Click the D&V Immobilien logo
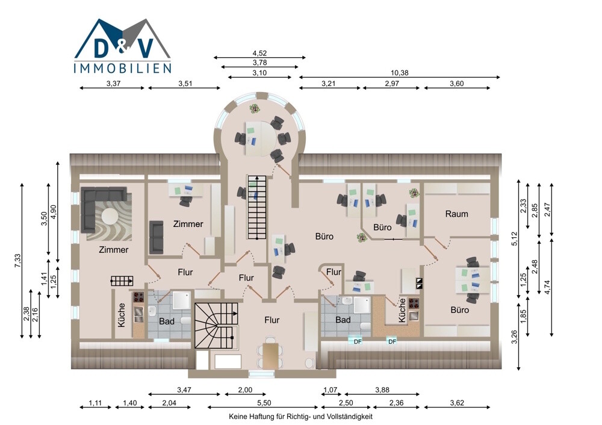point(122,46)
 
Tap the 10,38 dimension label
point(399,73)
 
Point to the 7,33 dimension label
point(17,261)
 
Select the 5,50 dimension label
point(264,403)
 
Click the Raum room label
point(456,214)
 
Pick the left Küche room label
point(122,315)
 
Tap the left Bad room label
point(167,321)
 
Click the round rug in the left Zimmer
point(110,216)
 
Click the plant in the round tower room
point(254,108)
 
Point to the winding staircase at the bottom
point(217,326)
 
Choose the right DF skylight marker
point(392,341)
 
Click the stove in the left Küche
point(138,297)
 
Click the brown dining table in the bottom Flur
point(270,356)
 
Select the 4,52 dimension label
point(259,53)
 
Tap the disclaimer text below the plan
point(300,416)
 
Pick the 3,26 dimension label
point(515,337)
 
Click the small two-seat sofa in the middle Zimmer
point(156,237)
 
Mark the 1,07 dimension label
point(330,389)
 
